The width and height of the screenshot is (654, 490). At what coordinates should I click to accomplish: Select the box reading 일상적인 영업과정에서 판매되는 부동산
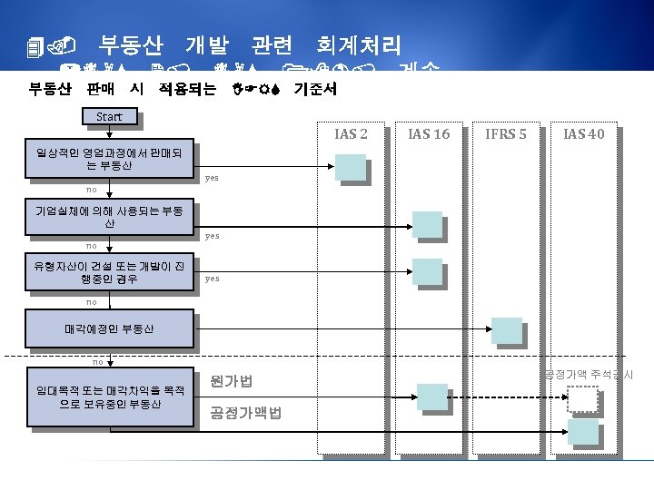(x=109, y=159)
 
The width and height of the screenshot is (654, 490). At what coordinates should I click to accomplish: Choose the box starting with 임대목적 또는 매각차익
(x=109, y=397)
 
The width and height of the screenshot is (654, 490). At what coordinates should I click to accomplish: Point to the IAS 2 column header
(x=351, y=134)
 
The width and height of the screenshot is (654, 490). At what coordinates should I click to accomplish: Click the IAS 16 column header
(x=429, y=134)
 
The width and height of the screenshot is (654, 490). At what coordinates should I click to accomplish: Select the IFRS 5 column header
(x=506, y=134)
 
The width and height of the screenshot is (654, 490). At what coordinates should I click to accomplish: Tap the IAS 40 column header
(x=583, y=134)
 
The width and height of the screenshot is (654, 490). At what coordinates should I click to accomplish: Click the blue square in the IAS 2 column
(x=350, y=168)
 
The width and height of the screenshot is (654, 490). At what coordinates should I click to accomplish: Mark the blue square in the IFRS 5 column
(x=506, y=330)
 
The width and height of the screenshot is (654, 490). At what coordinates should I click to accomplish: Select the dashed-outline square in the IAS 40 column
(x=582, y=399)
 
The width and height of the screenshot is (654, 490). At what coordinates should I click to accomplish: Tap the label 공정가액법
(x=245, y=413)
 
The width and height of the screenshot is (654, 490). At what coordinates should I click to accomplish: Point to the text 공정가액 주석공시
(x=589, y=374)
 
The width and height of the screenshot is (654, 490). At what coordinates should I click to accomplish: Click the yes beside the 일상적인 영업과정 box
(x=212, y=178)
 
